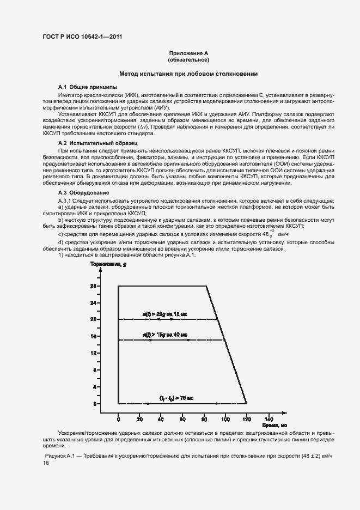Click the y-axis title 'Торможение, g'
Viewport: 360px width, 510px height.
(x=108, y=264)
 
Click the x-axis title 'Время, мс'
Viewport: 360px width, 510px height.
(x=274, y=424)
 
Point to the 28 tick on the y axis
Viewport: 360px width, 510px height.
(x=93, y=286)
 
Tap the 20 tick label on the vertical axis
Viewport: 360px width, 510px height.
(x=93, y=319)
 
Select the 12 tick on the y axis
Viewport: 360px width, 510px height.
(x=93, y=353)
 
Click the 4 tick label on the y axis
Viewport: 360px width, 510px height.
(x=94, y=386)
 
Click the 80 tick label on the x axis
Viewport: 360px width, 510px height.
(x=204, y=418)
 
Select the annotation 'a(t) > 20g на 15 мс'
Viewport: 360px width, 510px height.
(x=165, y=314)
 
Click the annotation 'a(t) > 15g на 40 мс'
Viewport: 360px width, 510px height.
(x=165, y=335)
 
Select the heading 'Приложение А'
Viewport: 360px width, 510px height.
(x=188, y=53)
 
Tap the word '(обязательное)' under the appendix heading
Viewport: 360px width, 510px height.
(x=188, y=59)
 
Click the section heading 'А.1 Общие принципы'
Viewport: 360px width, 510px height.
(x=87, y=87)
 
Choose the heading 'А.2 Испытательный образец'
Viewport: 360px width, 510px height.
(x=97, y=142)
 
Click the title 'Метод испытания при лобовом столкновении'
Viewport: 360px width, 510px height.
(x=188, y=74)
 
